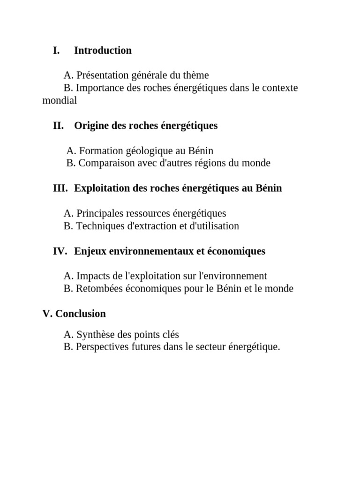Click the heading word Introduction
(x=103, y=51)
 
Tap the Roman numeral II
(x=58, y=126)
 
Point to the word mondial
(x=60, y=100)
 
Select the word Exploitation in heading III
(x=104, y=188)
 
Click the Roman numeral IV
(x=60, y=251)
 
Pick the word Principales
(x=102, y=214)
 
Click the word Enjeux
(x=90, y=251)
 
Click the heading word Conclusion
(x=81, y=314)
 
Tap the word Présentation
(x=105, y=75)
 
